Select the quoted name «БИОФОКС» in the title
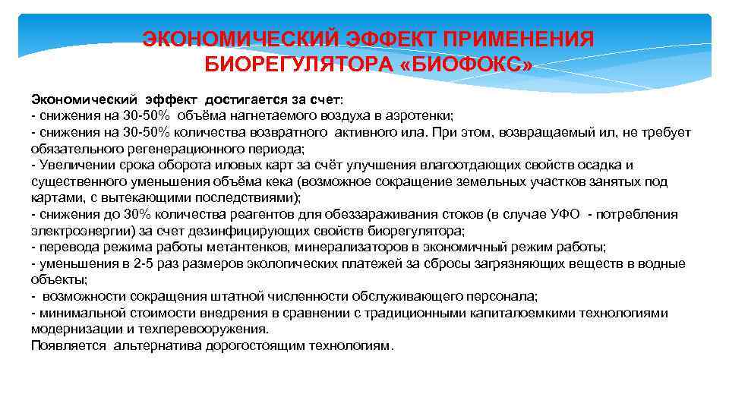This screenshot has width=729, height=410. tap(465, 65)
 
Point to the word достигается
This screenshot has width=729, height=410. tap(236, 99)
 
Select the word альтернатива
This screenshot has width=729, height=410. tap(156, 346)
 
